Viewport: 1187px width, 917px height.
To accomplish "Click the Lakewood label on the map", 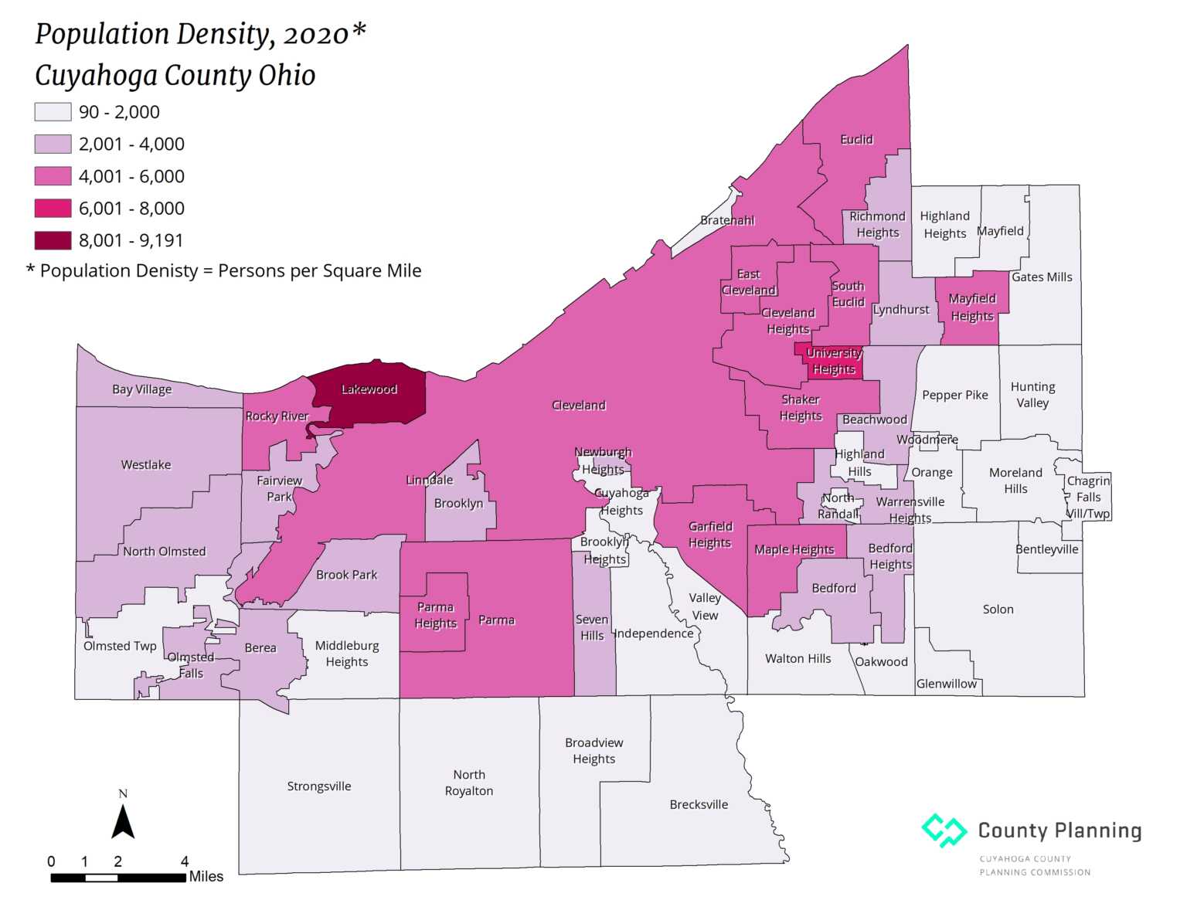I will [369, 389].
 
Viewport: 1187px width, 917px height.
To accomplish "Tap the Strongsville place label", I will [319, 786].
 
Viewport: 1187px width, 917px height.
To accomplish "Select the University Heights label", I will [834, 361].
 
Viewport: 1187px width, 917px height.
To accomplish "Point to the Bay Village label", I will [142, 389].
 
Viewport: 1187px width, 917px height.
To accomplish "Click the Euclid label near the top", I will [856, 140].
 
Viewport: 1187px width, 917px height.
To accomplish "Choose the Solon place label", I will [998, 610].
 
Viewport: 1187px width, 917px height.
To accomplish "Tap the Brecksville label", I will [699, 804].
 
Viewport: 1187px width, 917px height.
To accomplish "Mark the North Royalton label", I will [469, 783].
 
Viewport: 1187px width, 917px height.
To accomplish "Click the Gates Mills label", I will [1042, 277].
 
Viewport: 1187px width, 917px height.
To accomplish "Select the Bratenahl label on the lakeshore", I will [727, 221].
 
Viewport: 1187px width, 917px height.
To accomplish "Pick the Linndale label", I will [430, 481].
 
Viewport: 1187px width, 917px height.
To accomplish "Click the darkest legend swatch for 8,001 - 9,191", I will [53, 240].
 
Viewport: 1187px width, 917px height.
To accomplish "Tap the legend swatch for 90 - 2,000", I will [53, 112].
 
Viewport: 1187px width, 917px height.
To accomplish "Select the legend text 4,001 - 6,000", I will [131, 176].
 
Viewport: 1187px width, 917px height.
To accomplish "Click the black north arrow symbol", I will [123, 822].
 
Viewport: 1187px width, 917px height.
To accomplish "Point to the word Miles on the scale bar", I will [206, 877].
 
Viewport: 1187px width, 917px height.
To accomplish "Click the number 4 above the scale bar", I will [185, 861].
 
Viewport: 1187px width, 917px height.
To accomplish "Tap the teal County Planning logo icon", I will [944, 830].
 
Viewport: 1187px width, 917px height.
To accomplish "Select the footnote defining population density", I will [224, 271].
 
